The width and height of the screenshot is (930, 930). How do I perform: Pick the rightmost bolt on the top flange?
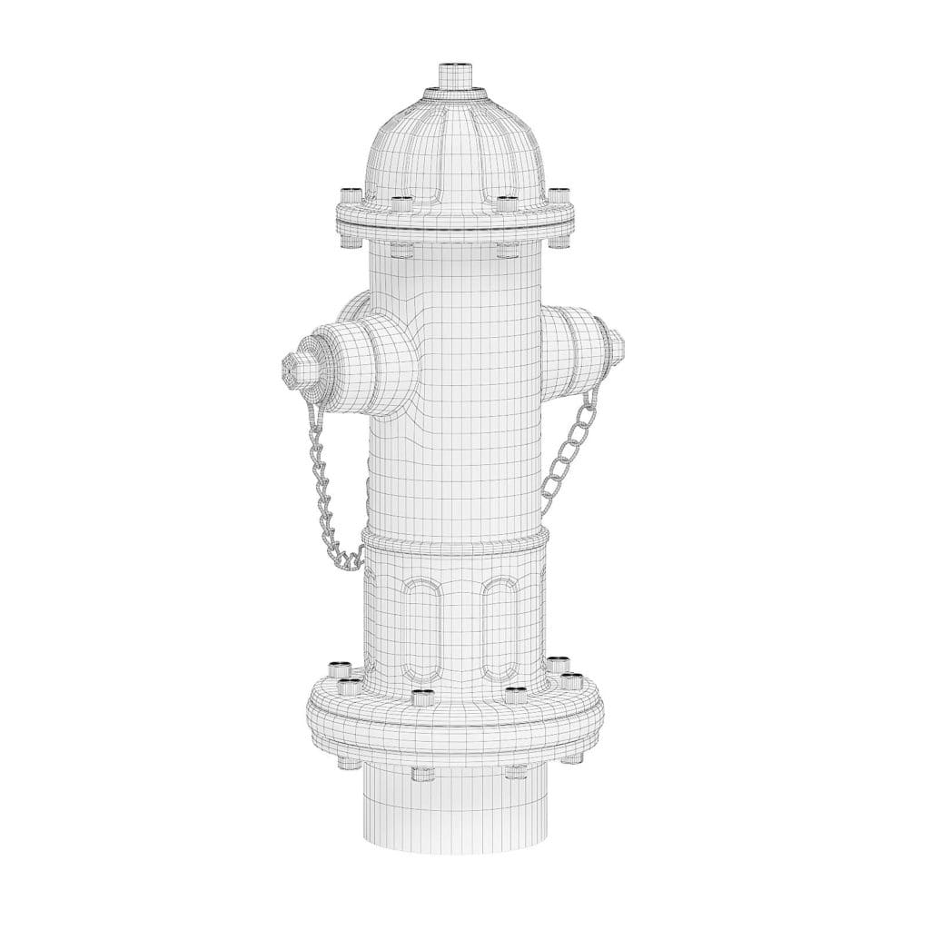pos(559,196)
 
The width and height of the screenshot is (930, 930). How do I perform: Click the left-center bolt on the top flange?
pos(401,202)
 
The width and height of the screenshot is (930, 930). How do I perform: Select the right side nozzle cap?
pos(581,346)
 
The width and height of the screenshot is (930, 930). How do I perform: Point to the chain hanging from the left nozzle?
pos(325,500)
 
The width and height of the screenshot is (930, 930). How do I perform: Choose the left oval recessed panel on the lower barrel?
pos(420,627)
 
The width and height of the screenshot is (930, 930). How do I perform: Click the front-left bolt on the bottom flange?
pos(420,697)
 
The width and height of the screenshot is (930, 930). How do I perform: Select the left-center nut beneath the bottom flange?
pos(420,774)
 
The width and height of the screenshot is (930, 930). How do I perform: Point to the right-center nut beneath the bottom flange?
pos(515,774)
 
